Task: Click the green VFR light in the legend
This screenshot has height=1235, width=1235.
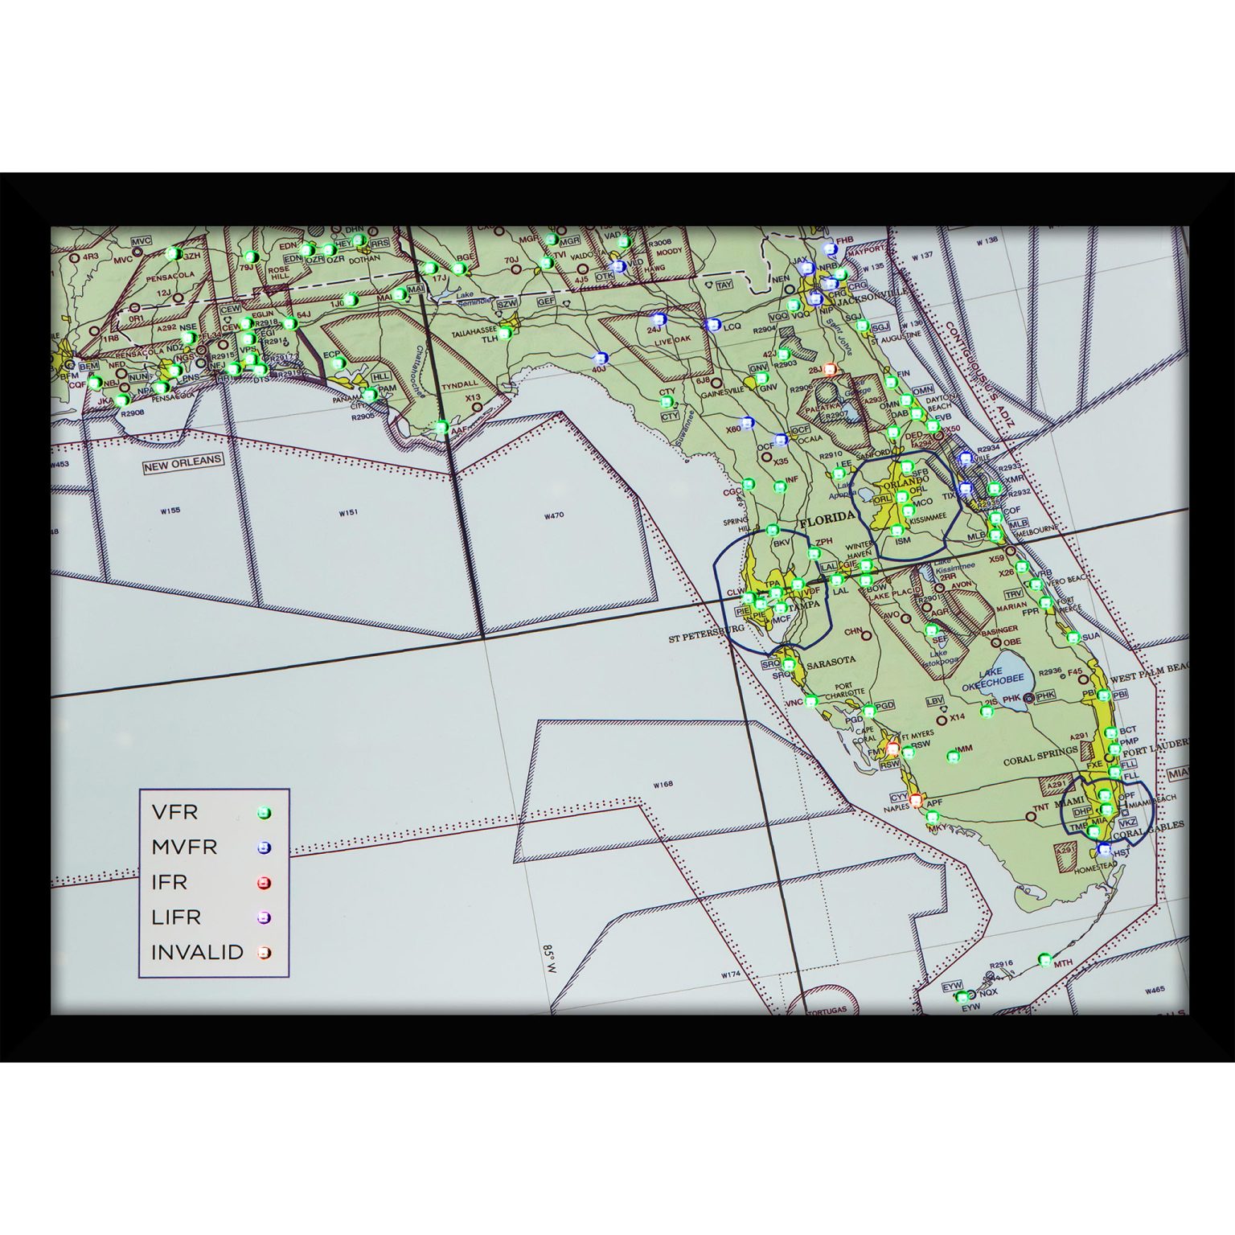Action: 264,813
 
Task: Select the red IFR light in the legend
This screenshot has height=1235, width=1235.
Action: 264,883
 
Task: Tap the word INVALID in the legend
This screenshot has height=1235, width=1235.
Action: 197,952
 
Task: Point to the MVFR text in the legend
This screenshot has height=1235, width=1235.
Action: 184,847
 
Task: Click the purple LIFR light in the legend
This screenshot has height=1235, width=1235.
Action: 264,917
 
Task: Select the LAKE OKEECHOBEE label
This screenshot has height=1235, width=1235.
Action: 993,679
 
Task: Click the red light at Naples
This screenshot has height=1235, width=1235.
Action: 915,799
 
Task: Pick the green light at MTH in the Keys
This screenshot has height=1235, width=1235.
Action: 1044,958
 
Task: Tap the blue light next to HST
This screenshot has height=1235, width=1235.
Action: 1104,849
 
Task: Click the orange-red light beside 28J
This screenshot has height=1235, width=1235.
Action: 830,369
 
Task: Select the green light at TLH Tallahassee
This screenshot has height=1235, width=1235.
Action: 505,333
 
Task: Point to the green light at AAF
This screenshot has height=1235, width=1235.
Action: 441,427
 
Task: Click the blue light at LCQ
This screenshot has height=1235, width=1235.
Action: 712,325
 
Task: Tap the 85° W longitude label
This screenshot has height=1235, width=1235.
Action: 551,959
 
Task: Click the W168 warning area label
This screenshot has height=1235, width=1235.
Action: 663,784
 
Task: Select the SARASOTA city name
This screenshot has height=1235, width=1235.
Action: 831,661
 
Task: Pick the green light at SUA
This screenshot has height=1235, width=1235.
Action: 1073,638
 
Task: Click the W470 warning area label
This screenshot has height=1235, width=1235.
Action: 553,516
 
